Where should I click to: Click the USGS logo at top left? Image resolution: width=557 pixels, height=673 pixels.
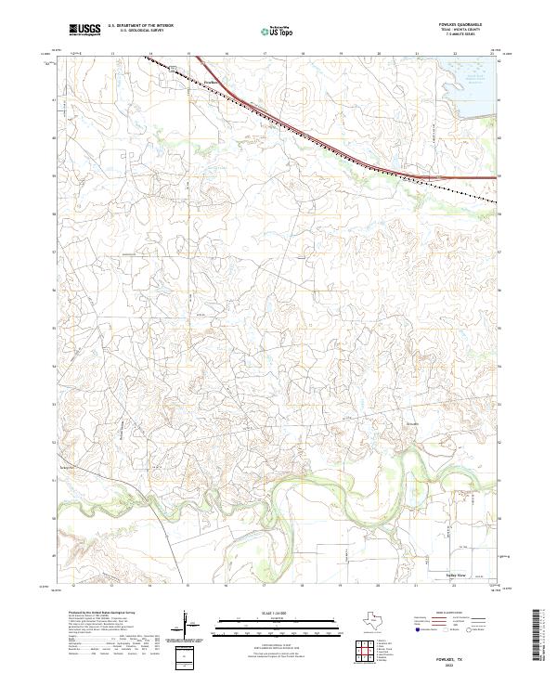click(84, 31)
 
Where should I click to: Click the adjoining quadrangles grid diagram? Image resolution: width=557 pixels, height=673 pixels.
click(363, 651)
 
